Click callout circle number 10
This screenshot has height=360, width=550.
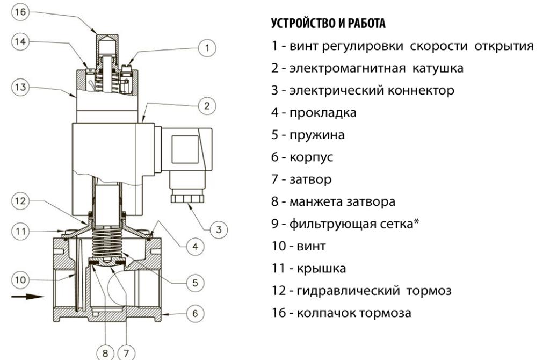coord(19,279)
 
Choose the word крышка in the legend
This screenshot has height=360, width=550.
coord(316,268)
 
